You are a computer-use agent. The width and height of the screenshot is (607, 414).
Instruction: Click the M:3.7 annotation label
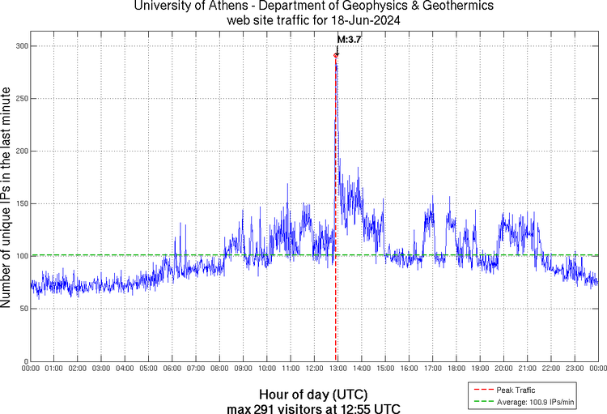(x=349, y=39)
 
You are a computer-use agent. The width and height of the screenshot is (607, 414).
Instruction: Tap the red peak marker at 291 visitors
(x=336, y=55)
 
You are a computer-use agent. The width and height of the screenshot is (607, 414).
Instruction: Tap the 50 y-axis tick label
(x=22, y=309)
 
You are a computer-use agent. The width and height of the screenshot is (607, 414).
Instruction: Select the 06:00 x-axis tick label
(x=172, y=369)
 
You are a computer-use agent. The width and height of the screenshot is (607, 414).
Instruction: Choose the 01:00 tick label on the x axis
(x=54, y=369)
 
